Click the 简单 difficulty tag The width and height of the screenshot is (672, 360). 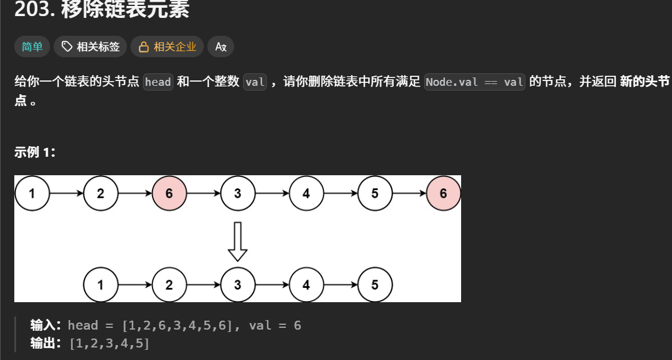(32, 46)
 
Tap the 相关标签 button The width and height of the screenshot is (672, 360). (91, 46)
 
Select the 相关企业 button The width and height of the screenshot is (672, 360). (167, 46)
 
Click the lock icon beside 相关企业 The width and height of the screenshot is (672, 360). (144, 46)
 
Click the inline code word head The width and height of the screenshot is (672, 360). (158, 82)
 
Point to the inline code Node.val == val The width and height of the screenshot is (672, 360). (475, 82)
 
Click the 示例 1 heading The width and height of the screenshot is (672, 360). (35, 153)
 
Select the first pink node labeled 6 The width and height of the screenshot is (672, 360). (169, 193)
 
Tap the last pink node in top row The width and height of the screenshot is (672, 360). (443, 193)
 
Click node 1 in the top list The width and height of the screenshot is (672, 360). (32, 193)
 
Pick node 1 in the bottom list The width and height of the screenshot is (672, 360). (100, 285)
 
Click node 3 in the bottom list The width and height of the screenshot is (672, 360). (238, 285)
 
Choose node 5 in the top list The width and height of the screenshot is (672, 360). (375, 193)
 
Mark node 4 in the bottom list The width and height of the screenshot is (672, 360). (306, 285)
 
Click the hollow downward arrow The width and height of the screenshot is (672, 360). (238, 241)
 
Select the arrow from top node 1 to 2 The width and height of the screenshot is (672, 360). (66, 193)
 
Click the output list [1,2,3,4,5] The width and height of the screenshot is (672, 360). (109, 343)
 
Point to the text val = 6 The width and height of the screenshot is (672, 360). (275, 325)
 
